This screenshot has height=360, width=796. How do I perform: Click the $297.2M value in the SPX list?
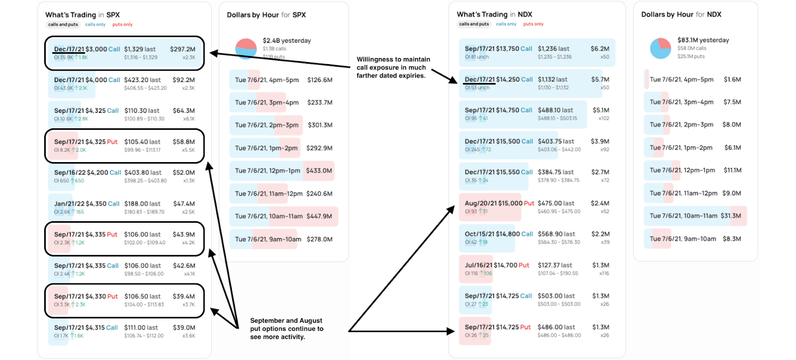click(183, 49)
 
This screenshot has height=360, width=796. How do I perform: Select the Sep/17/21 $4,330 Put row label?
click(86, 296)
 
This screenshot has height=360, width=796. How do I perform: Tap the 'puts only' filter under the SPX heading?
click(122, 24)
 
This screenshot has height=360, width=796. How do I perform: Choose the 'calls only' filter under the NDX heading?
click(506, 24)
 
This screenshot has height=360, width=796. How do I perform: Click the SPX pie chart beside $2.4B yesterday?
click(246, 49)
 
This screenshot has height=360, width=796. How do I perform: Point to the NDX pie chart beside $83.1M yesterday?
click(660, 48)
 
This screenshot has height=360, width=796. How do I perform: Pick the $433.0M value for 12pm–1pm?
click(319, 171)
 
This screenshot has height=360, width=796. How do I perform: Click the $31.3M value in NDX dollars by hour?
click(731, 216)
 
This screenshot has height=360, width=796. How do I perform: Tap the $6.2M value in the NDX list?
click(600, 49)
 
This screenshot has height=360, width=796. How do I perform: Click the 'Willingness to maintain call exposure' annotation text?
click(393, 67)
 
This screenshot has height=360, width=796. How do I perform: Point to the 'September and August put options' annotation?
click(287, 329)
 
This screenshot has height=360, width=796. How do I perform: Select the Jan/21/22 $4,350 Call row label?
click(87, 204)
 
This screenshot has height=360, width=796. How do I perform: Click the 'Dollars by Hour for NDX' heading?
click(681, 14)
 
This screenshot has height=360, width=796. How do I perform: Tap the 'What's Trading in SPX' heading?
click(83, 15)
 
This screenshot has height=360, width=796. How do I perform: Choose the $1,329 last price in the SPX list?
click(140, 49)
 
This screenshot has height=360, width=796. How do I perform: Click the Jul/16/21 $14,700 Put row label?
click(497, 266)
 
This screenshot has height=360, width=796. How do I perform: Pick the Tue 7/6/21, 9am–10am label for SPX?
click(268, 239)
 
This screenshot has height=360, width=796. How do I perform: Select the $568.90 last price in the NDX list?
click(556, 234)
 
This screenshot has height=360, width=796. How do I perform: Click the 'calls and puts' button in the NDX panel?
click(474, 24)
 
